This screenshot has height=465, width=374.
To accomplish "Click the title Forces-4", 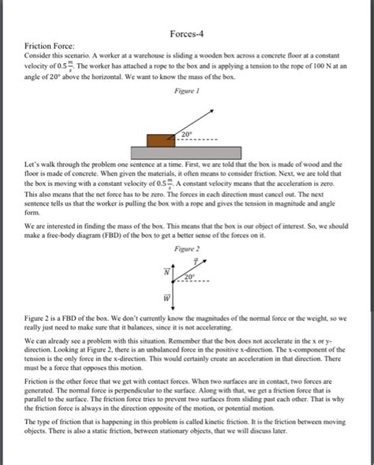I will [x=187, y=35].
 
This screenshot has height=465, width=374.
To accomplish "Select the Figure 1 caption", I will [x=186, y=91].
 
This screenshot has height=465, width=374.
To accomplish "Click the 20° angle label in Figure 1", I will [x=186, y=135].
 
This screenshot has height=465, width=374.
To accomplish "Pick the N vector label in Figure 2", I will [x=166, y=270].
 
